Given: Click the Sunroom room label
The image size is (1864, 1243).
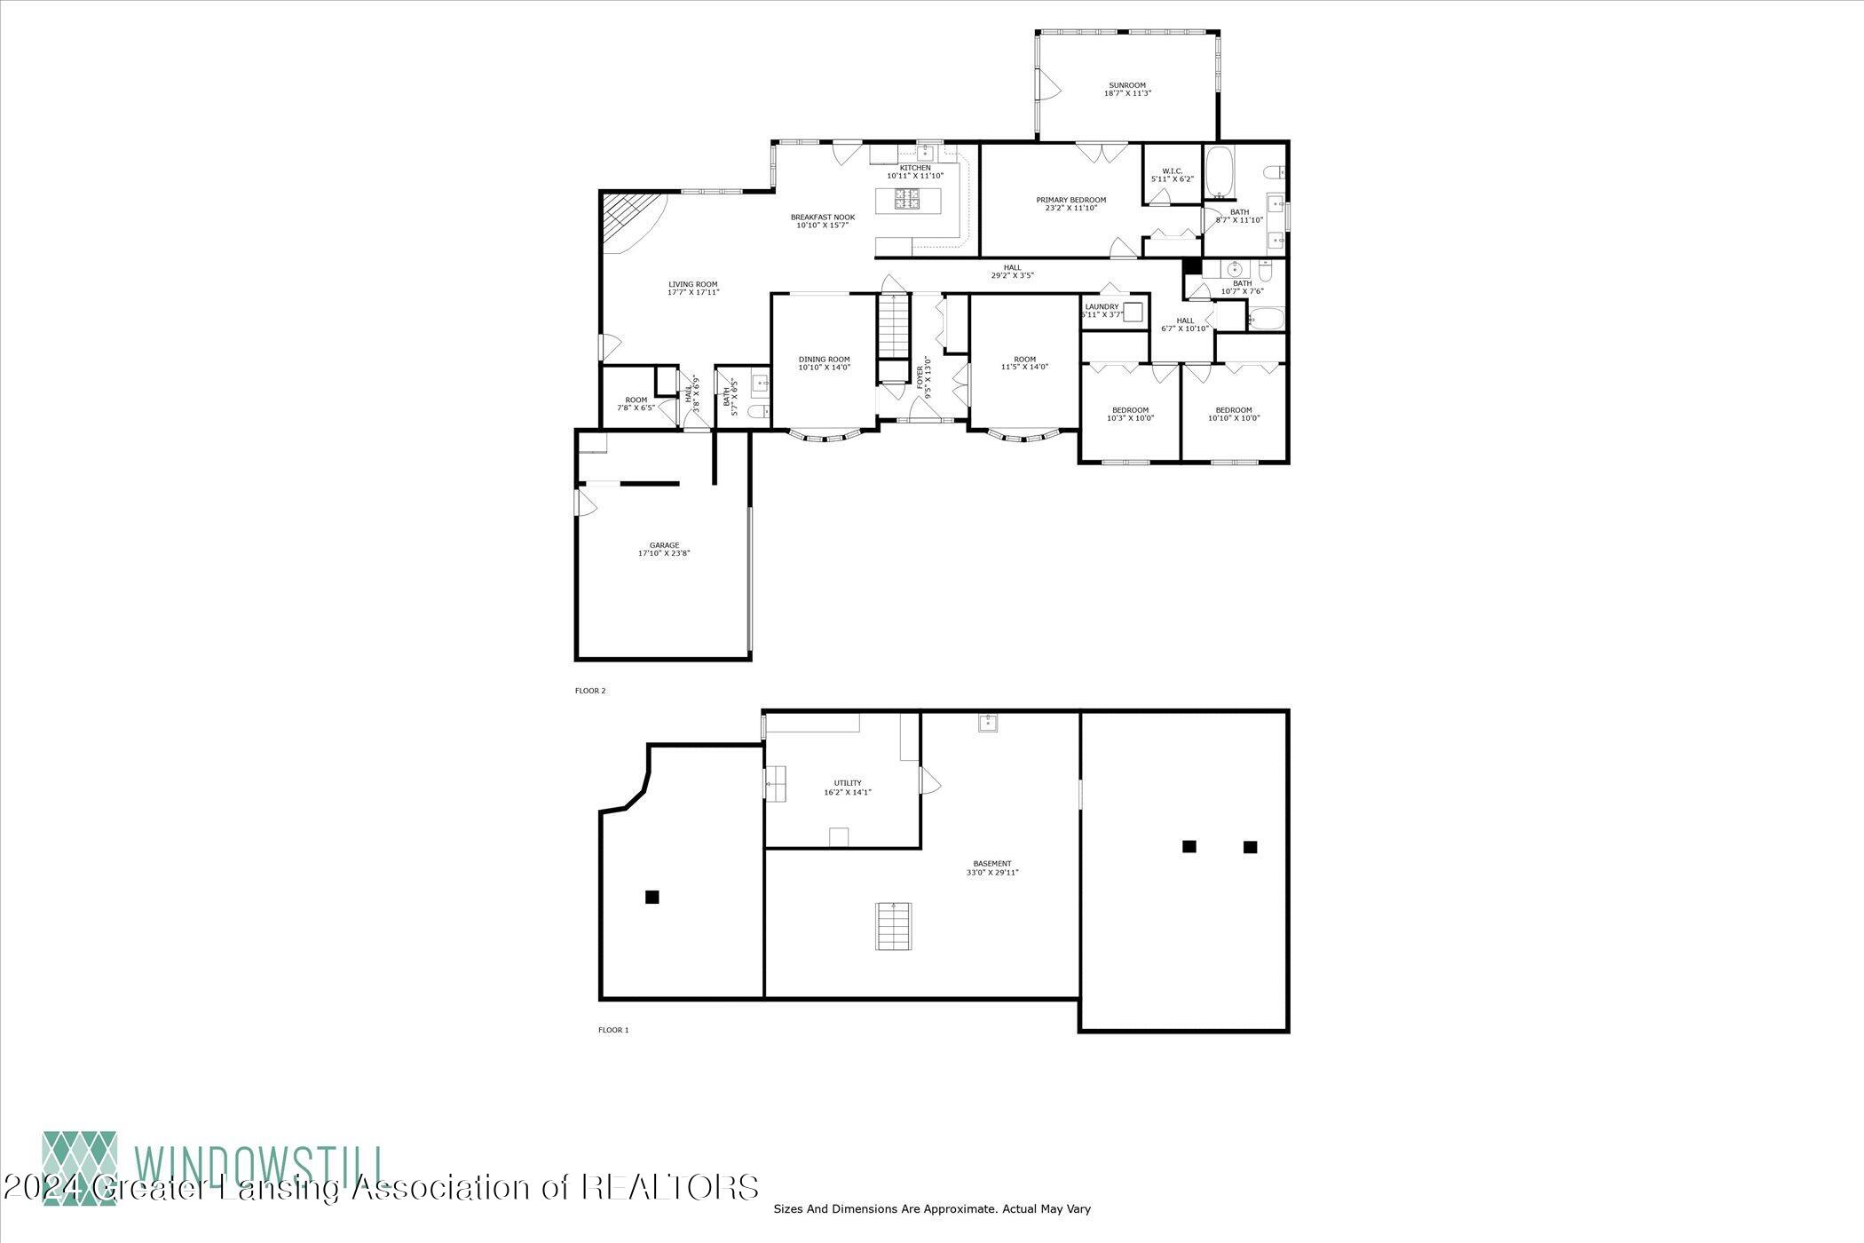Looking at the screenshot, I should (x=1127, y=90).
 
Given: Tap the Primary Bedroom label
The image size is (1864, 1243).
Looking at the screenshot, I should (x=1070, y=203).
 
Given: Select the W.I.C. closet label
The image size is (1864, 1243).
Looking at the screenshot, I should (x=1172, y=175).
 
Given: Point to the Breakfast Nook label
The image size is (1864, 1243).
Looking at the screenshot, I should (x=822, y=221).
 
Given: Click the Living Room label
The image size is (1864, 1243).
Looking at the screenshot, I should (x=693, y=288).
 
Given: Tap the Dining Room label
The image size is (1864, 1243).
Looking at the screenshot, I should (x=824, y=363).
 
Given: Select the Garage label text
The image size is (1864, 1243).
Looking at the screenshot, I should (x=664, y=549).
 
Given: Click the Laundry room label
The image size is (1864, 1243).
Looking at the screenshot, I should (x=1102, y=310).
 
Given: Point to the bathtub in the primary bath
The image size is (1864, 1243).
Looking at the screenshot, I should (x=1219, y=170).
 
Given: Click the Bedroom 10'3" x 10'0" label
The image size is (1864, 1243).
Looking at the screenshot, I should (x=1130, y=414).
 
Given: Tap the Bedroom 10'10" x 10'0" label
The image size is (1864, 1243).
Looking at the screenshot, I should (x=1233, y=414).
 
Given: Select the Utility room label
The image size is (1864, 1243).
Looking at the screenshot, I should (x=847, y=787).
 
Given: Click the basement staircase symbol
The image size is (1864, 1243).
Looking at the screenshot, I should (x=893, y=926).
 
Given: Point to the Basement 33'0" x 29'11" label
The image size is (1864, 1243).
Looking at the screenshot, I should (x=991, y=867).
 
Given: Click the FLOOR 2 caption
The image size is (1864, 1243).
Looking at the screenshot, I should (x=590, y=690).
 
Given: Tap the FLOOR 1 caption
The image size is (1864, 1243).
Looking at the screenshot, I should (x=613, y=1030).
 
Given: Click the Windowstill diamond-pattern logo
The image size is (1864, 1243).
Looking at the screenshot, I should (x=80, y=1168).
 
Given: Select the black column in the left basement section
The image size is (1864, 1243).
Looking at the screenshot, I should (x=652, y=897).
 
